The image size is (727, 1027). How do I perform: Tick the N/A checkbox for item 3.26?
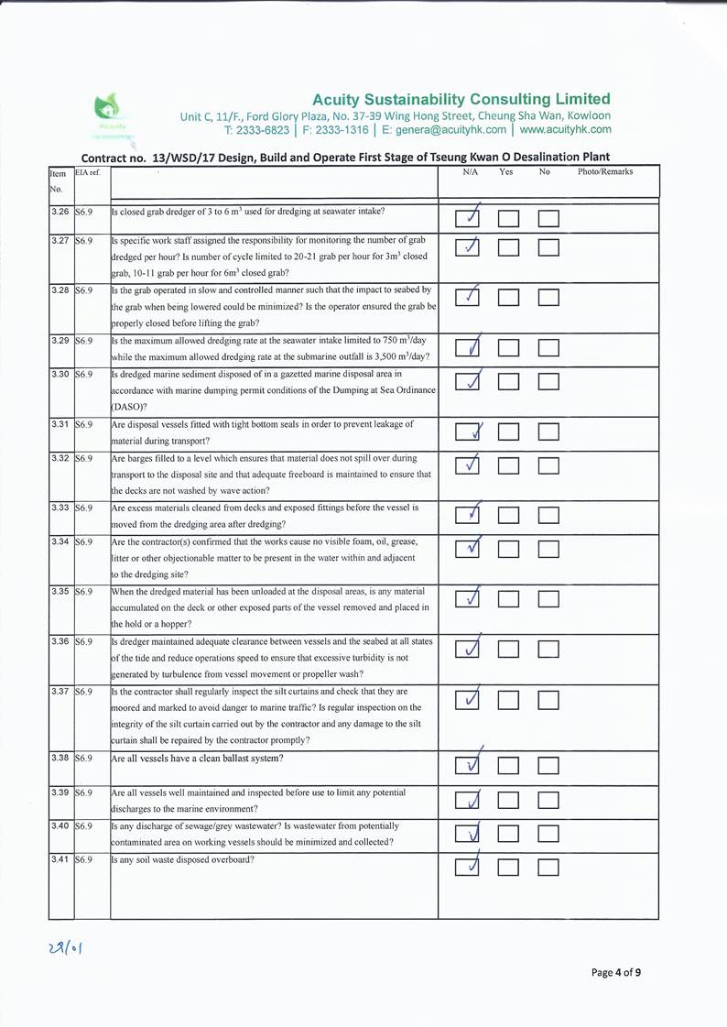[x=468, y=218]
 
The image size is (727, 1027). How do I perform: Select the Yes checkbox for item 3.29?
[x=508, y=347]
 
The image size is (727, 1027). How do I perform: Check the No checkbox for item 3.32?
[x=548, y=465]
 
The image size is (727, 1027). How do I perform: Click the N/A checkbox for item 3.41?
[x=468, y=866]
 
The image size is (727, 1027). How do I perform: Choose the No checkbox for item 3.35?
[x=548, y=599]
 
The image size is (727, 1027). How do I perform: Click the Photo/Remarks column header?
[x=605, y=171]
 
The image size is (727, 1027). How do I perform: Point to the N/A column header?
[x=471, y=171]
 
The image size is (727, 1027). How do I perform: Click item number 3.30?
[x=60, y=375]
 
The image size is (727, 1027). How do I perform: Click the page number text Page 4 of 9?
[x=616, y=973]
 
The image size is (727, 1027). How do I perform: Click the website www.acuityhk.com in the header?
[x=565, y=129]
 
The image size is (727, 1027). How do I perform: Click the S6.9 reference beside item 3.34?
[x=85, y=542]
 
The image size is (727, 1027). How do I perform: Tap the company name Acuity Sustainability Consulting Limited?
[x=461, y=99]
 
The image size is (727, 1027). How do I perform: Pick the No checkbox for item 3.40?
[x=548, y=833]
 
